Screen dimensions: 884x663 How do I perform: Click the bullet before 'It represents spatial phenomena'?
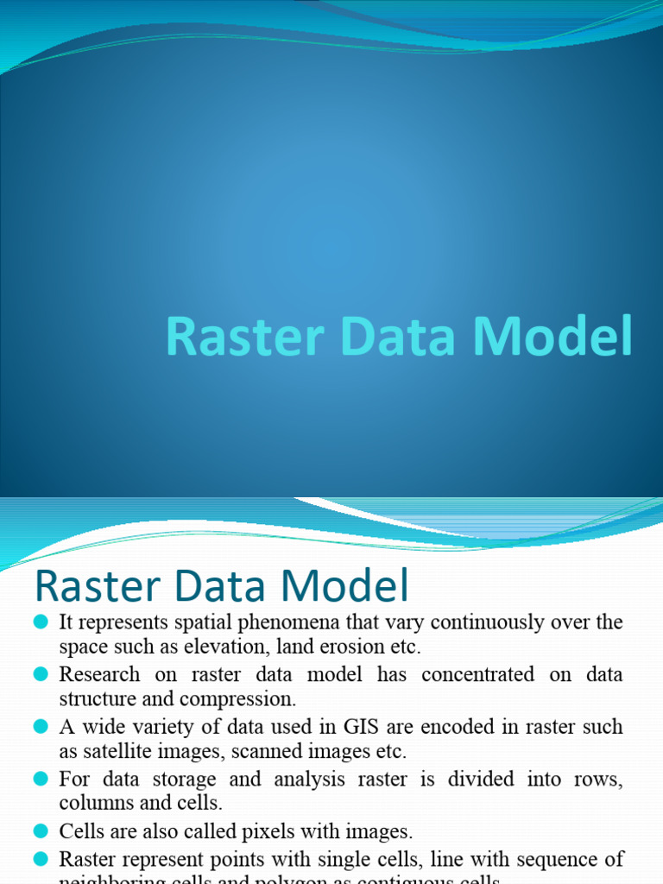tap(41, 622)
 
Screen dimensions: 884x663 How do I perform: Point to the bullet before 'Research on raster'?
tap(41, 673)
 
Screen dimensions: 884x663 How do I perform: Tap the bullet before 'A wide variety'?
tap(41, 726)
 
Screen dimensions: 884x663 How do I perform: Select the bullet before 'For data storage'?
tap(41, 779)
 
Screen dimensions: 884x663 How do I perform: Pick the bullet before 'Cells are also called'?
tap(41, 831)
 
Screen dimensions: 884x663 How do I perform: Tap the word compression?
tap(244, 699)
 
